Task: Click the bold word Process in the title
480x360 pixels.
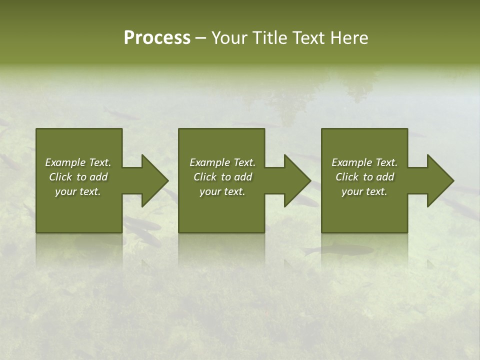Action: tap(157, 38)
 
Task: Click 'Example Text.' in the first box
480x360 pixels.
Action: tap(78, 162)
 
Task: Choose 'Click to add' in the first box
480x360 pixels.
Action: tap(78, 177)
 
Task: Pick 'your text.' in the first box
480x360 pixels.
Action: tap(78, 191)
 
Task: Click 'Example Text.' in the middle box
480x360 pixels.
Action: tap(222, 162)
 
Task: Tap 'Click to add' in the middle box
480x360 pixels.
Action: tap(223, 177)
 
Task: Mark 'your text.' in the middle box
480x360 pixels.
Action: tap(222, 191)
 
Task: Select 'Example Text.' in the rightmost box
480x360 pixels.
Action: tap(364, 162)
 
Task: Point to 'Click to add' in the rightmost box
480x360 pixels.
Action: tap(365, 177)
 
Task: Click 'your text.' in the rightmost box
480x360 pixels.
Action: tap(364, 191)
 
